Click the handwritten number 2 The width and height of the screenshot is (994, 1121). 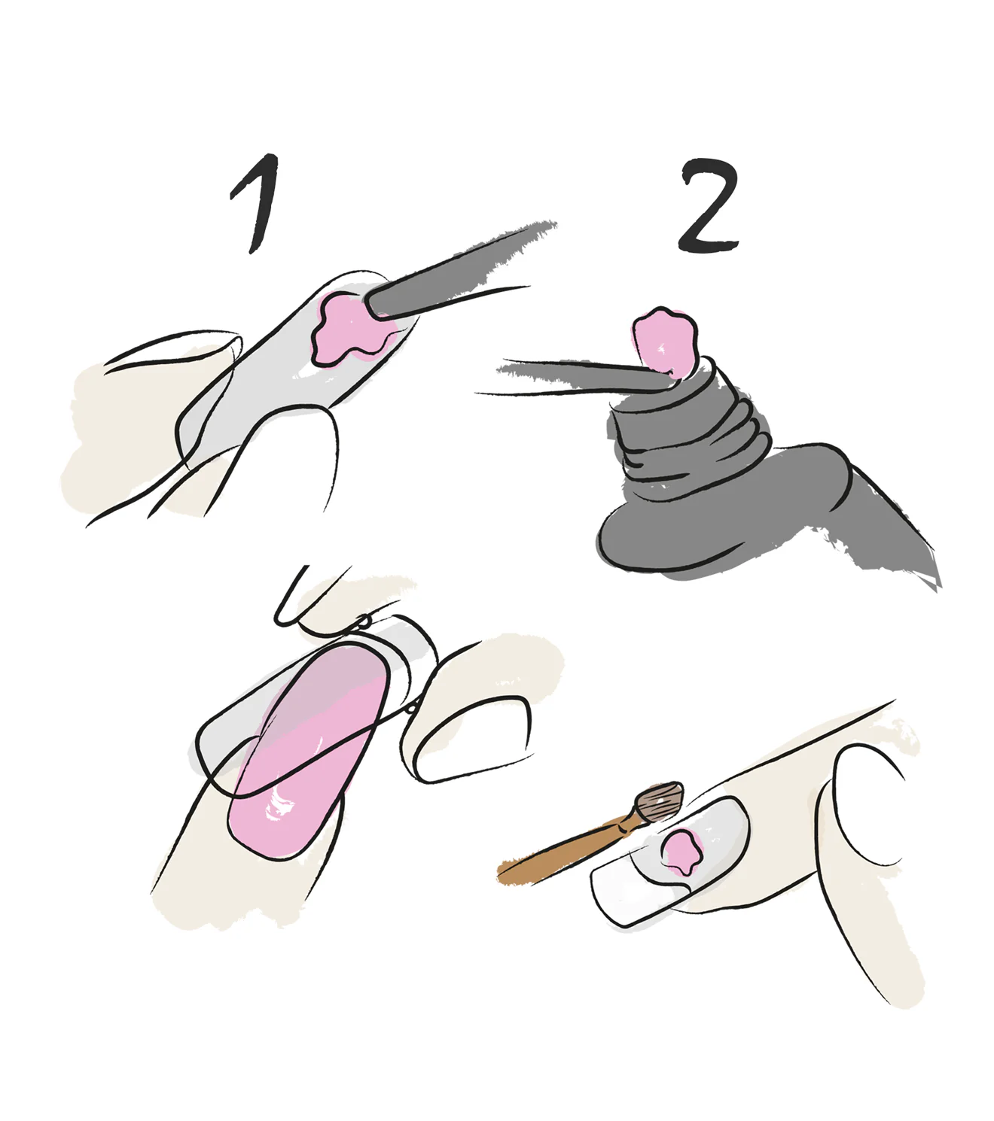click(709, 206)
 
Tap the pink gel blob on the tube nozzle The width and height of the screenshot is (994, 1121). click(663, 342)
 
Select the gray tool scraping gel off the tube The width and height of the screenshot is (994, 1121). click(580, 374)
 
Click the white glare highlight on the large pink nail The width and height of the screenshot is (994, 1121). click(280, 804)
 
